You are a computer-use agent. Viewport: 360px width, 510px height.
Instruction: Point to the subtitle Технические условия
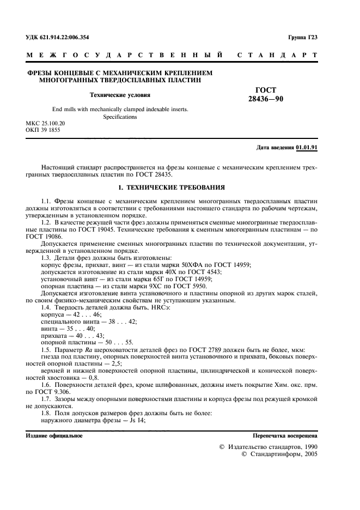[116, 94]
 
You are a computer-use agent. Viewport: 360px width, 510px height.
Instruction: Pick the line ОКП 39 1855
[43, 131]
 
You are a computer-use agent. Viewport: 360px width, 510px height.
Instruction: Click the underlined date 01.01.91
[307, 148]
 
